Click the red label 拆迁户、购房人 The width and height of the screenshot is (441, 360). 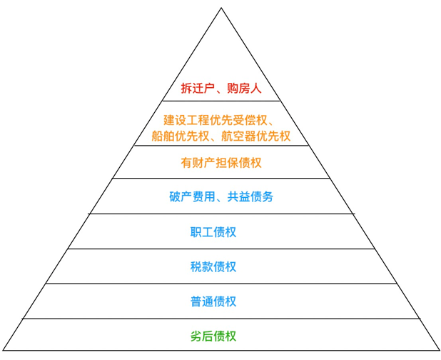point(221,89)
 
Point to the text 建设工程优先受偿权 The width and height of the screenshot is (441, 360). point(216,120)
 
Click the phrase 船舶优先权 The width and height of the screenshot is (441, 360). point(181,136)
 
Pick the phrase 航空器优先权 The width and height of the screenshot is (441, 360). point(256,136)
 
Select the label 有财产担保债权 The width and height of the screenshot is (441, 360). point(221,163)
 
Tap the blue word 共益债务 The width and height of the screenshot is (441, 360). point(250,196)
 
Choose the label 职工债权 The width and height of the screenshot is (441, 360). point(213,232)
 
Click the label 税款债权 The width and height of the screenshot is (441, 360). point(213,267)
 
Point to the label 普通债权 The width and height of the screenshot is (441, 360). point(213,301)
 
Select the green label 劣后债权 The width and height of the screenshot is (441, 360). point(213,336)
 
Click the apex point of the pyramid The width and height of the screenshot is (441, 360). point(221,8)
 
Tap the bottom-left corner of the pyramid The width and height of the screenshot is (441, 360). point(3,351)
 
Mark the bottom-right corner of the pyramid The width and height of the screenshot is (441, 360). point(440,351)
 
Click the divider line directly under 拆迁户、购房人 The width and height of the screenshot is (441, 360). point(221,101)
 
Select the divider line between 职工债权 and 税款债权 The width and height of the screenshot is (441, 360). point(221,249)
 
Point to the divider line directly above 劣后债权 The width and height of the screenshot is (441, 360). point(221,319)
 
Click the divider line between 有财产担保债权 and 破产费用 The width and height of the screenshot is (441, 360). point(221,178)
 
